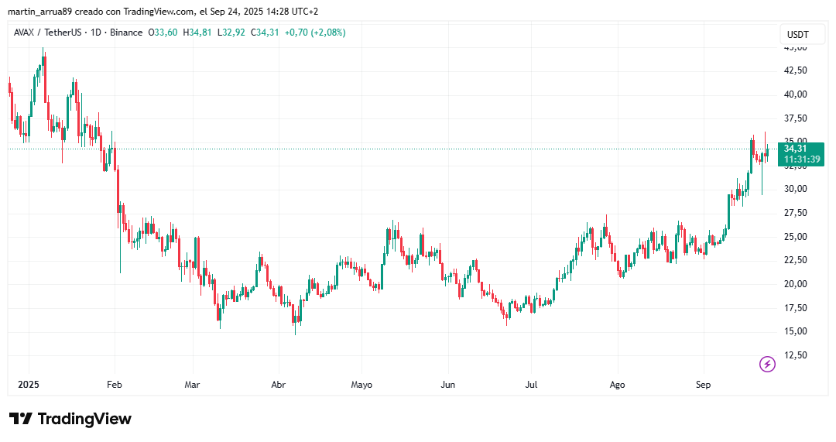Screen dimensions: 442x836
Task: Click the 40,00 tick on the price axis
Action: click(796, 94)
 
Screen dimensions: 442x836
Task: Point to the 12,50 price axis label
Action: click(796, 355)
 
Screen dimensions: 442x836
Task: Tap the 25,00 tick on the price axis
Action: click(796, 237)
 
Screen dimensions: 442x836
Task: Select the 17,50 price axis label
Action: click(796, 308)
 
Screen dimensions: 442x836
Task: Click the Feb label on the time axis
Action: click(115, 385)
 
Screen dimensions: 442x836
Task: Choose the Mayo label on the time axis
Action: click(361, 385)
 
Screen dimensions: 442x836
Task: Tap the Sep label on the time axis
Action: click(703, 385)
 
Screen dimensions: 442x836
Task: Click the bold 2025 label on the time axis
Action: click(29, 385)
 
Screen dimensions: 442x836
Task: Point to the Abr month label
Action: click(278, 385)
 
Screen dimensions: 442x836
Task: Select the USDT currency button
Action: click(797, 35)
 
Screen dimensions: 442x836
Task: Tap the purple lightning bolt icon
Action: click(767, 364)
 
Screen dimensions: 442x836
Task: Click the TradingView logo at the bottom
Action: click(70, 419)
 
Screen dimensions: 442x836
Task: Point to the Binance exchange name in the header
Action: click(125, 33)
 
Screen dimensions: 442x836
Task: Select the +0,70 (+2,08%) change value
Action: click(315, 33)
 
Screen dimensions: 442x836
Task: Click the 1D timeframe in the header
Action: click(97, 33)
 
